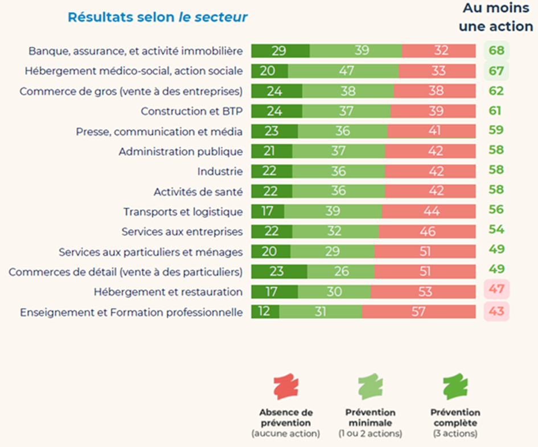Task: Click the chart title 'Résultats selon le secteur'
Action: coord(158,17)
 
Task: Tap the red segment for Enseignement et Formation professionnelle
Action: coord(418,312)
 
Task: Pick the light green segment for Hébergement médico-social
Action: coord(343,71)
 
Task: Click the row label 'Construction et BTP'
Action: coord(192,111)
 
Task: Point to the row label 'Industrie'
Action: coord(220,171)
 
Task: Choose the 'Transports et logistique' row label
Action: coord(183,212)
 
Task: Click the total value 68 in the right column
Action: coord(496,51)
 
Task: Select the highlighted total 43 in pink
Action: coord(496,312)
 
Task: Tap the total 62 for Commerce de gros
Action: coord(496,91)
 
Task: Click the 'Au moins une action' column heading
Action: coord(498,17)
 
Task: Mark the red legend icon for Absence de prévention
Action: coord(286,387)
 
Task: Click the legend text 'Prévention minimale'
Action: coord(370,417)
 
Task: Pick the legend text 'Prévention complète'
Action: coord(455,417)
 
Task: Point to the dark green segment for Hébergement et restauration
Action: coord(274,292)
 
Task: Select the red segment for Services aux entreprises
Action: coord(427,231)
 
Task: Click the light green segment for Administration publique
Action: coord(338,151)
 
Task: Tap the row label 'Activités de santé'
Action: coord(198,192)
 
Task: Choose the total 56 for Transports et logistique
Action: coord(496,209)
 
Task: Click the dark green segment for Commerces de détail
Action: coord(279,272)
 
